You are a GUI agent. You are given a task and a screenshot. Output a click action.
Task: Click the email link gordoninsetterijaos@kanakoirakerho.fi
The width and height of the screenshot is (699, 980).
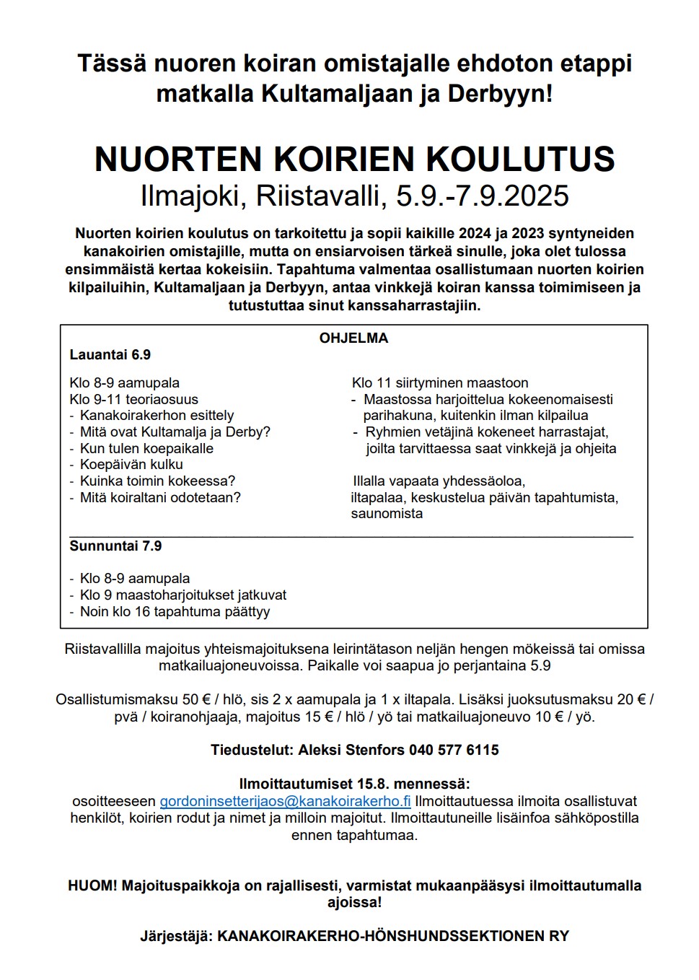coord(285,801)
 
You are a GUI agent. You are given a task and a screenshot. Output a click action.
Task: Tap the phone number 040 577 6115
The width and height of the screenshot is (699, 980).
coord(454,750)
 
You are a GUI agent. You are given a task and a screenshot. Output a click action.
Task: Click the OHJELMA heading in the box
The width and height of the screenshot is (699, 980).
coord(353,338)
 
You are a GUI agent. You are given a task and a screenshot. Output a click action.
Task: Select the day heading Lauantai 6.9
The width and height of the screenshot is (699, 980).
coord(110,354)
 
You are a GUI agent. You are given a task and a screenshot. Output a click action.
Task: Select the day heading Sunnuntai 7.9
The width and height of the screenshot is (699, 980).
coord(115,546)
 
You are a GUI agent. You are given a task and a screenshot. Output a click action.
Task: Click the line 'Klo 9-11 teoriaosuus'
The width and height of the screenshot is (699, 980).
coord(133,399)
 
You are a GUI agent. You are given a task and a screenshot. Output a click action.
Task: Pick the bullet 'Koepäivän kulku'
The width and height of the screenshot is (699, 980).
coord(131,464)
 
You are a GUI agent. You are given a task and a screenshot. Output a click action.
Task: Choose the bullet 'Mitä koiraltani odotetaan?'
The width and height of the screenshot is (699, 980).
coord(160,497)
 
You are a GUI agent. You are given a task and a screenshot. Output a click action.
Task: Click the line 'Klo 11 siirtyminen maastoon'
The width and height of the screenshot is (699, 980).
coord(440,382)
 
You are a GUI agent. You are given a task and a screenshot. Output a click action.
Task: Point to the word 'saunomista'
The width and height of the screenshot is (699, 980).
coord(387,514)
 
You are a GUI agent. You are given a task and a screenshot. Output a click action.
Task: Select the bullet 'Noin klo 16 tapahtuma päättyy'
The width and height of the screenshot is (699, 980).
coord(175,611)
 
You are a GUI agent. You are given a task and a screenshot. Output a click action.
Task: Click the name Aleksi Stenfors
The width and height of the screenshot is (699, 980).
coord(351,750)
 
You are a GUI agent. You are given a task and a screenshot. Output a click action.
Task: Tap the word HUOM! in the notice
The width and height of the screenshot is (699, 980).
coord(92,885)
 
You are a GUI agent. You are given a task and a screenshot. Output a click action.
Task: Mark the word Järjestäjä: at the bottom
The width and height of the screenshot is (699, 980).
coord(176,936)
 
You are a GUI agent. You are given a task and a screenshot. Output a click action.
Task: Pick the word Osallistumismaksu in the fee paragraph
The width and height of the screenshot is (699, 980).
coord(116,699)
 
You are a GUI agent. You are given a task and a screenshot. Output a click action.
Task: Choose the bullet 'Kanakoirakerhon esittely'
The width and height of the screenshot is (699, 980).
coord(157,415)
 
